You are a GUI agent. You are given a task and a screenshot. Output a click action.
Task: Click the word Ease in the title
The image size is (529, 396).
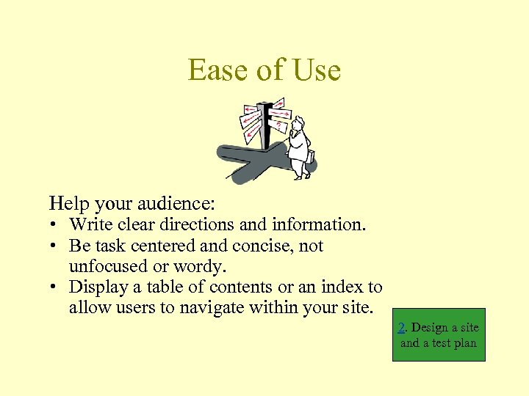click(218, 70)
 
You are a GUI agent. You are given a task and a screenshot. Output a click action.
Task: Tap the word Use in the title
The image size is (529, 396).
click(316, 70)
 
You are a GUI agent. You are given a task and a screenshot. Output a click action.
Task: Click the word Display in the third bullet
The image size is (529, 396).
click(98, 287)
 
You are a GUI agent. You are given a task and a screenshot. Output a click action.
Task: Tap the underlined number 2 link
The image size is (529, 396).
click(401, 328)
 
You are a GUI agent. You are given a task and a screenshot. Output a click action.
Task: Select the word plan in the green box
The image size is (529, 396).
click(464, 342)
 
